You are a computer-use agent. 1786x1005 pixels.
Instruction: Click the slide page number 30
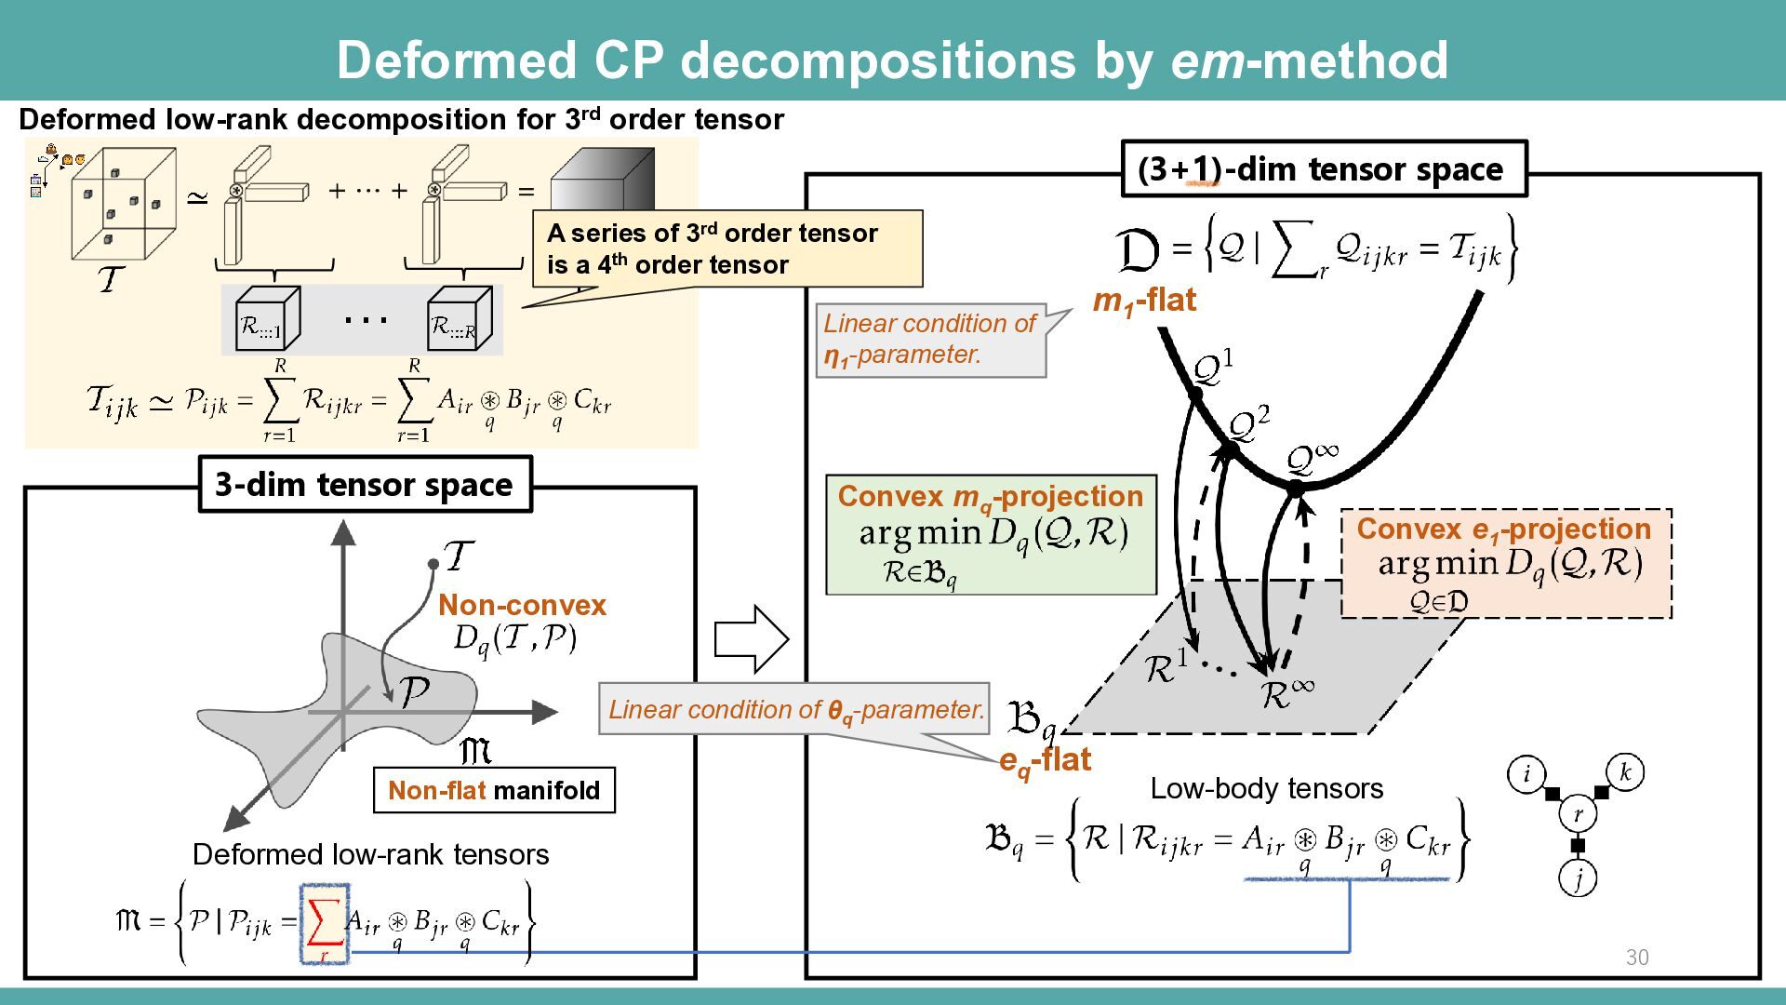[1636, 958]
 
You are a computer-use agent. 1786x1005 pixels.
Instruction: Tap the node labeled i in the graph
[1526, 773]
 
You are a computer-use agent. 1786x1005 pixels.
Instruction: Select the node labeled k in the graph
[1625, 772]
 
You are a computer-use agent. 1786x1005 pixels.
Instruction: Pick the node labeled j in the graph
[1578, 878]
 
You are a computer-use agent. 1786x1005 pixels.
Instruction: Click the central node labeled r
[1578, 814]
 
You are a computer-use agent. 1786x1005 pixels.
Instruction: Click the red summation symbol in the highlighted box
[324, 923]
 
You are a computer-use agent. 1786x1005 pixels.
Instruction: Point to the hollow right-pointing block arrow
[751, 639]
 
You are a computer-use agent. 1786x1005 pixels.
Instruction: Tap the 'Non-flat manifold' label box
[494, 790]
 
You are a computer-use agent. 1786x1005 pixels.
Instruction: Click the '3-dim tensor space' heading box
[365, 484]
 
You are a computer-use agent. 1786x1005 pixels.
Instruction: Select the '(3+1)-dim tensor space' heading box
[1324, 169]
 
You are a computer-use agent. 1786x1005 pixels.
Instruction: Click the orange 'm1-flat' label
[1144, 301]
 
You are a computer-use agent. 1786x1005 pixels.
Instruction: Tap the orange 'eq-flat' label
[1045, 760]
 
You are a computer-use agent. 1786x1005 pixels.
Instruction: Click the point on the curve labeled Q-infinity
[1296, 487]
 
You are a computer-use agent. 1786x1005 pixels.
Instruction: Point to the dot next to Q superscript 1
[1196, 394]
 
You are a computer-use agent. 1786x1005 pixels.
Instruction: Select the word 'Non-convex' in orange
[522, 605]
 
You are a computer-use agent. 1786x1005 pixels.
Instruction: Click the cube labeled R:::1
[266, 319]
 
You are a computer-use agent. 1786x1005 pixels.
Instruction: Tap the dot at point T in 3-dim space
[433, 564]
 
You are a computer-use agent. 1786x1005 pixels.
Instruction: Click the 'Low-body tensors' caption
[1266, 789]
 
